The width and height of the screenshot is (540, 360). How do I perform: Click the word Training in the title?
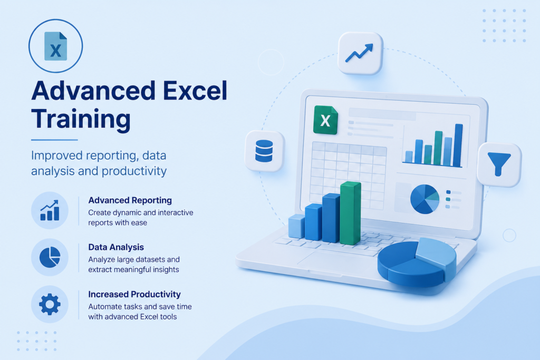(81, 119)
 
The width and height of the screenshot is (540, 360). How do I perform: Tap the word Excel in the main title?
(195, 91)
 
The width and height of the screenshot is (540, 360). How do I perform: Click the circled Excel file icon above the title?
(56, 46)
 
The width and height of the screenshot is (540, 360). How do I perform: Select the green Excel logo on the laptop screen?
(325, 120)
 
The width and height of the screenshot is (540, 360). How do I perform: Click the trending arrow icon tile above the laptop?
(360, 53)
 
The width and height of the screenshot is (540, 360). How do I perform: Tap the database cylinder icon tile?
(265, 151)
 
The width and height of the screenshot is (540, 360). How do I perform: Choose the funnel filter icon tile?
(499, 164)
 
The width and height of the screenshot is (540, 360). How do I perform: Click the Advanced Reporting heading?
(130, 200)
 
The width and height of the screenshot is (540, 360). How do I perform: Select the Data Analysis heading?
(116, 247)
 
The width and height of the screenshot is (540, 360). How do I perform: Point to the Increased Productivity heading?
(134, 294)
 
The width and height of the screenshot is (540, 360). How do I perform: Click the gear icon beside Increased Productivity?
(50, 304)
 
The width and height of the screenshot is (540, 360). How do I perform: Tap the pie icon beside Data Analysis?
(50, 257)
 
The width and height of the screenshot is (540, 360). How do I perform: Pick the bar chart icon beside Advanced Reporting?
(50, 210)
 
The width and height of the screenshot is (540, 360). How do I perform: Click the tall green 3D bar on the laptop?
(351, 213)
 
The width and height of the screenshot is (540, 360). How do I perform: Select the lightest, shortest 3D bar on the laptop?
(296, 226)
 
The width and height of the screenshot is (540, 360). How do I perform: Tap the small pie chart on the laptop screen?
(425, 199)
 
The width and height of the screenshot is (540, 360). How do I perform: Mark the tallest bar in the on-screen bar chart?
(458, 145)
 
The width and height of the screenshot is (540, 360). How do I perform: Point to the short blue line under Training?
(54, 140)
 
